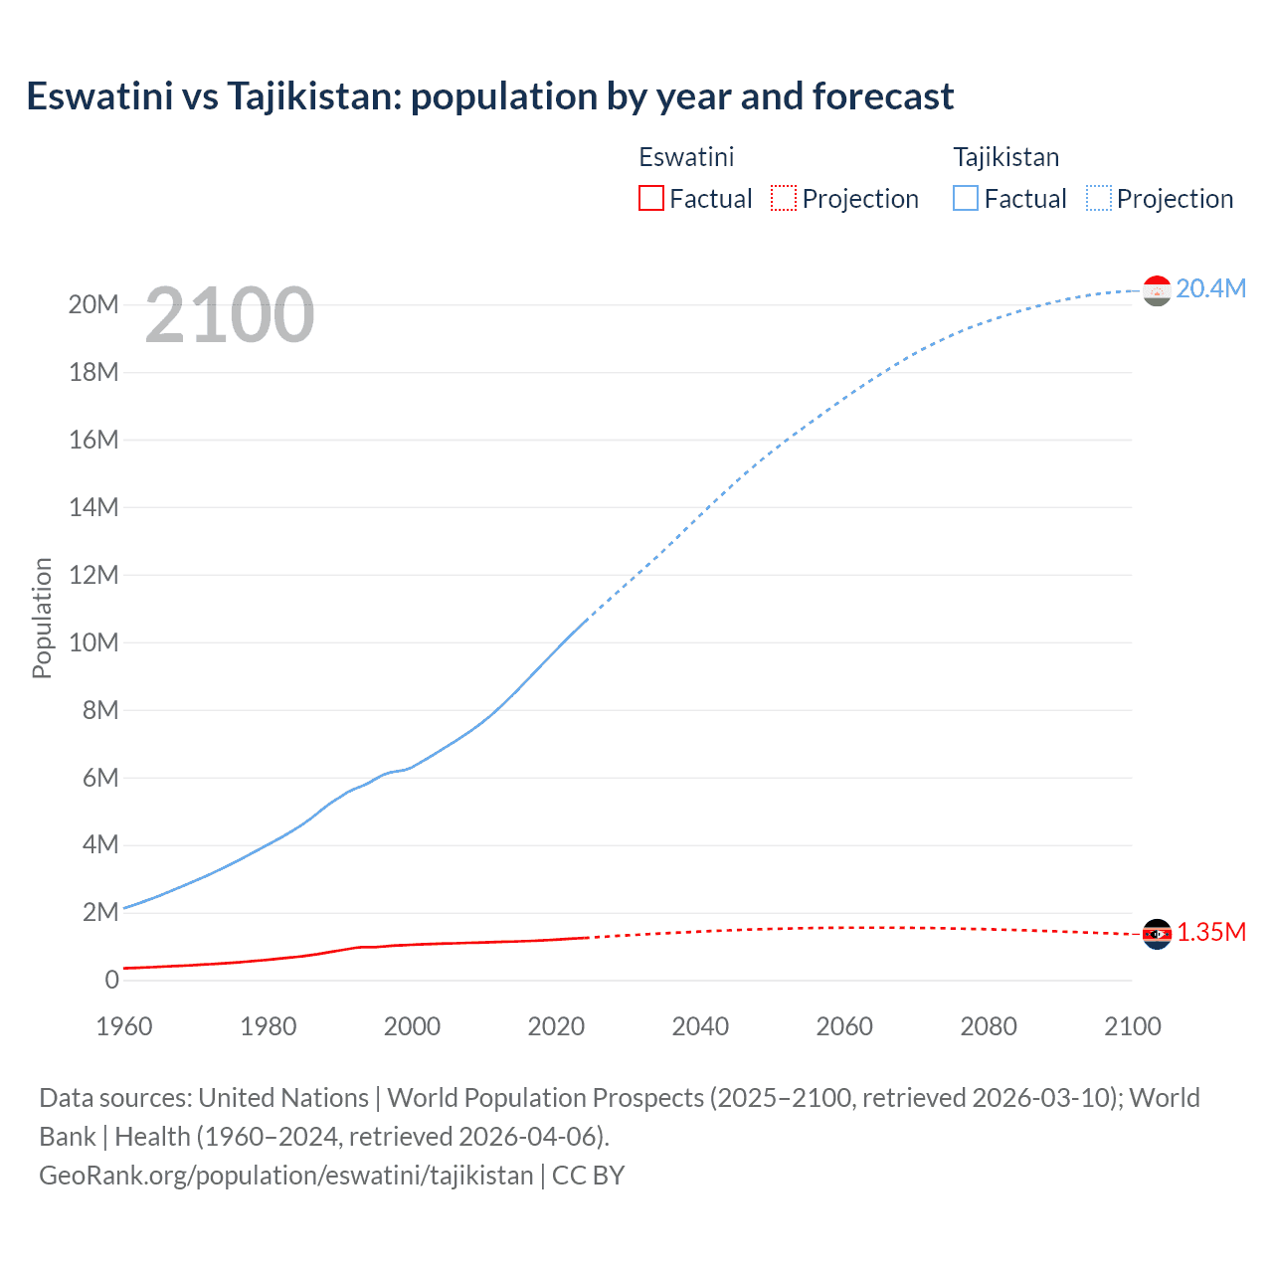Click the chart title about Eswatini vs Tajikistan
click(489, 96)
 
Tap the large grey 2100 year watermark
click(230, 315)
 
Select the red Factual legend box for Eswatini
click(650, 198)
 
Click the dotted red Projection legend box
click(784, 198)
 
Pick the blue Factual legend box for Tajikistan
click(965, 198)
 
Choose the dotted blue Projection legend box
click(1098, 198)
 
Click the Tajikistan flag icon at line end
click(1157, 290)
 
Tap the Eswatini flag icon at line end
click(1157, 934)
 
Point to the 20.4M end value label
click(1210, 288)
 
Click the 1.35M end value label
click(1210, 932)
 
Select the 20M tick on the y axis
click(93, 304)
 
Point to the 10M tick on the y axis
click(93, 642)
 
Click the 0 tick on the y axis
click(111, 980)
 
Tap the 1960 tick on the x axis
click(124, 1026)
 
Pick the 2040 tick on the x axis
click(700, 1026)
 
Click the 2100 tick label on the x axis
click(1132, 1026)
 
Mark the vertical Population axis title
click(42, 618)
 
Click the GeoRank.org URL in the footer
click(286, 1176)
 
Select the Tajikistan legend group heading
click(1005, 157)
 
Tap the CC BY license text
click(588, 1176)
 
